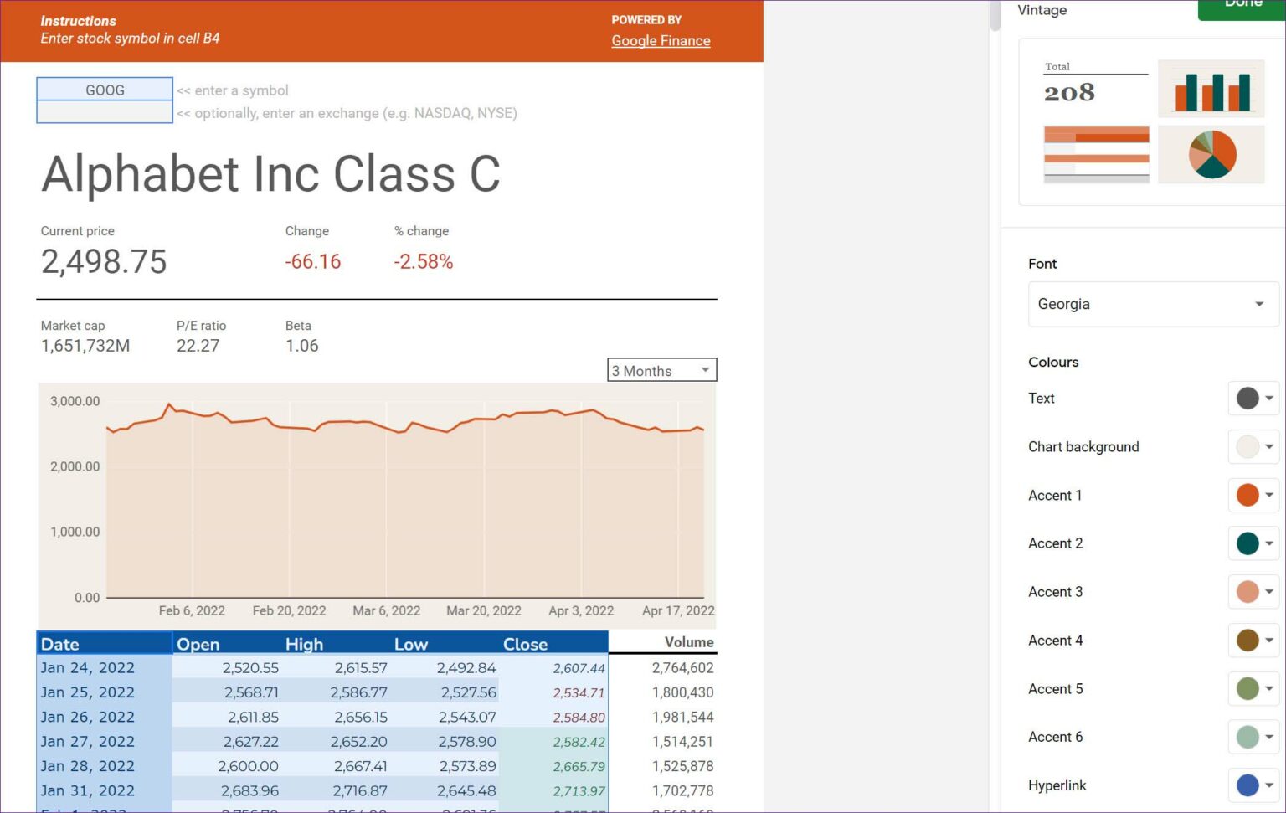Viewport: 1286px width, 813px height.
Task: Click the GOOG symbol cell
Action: click(105, 90)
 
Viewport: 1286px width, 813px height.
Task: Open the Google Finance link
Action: click(661, 40)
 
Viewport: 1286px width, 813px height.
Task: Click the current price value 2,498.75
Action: click(104, 262)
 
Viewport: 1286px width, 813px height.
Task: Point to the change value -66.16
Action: click(312, 262)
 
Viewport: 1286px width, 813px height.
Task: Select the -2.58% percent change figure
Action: click(423, 262)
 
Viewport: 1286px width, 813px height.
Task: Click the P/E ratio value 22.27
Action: click(198, 346)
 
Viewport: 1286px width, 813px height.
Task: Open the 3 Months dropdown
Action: click(661, 370)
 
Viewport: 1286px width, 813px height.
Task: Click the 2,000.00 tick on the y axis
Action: click(75, 466)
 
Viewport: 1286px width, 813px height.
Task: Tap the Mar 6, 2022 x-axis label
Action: click(386, 610)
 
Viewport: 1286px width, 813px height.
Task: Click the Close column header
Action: click(525, 644)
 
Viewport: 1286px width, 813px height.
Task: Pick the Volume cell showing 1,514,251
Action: click(682, 742)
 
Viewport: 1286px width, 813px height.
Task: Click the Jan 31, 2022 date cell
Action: click(88, 790)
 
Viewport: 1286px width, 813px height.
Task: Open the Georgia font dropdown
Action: click(1151, 304)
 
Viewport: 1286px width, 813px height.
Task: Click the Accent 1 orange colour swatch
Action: click(1247, 495)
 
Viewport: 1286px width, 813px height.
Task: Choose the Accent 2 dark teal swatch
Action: click(1247, 543)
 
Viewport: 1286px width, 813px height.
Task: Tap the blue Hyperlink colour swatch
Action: click(1247, 785)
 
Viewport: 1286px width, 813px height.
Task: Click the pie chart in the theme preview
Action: click(1211, 154)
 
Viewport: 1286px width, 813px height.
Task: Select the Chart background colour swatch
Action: click(1247, 446)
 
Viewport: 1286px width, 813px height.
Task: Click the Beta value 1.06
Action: click(301, 346)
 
